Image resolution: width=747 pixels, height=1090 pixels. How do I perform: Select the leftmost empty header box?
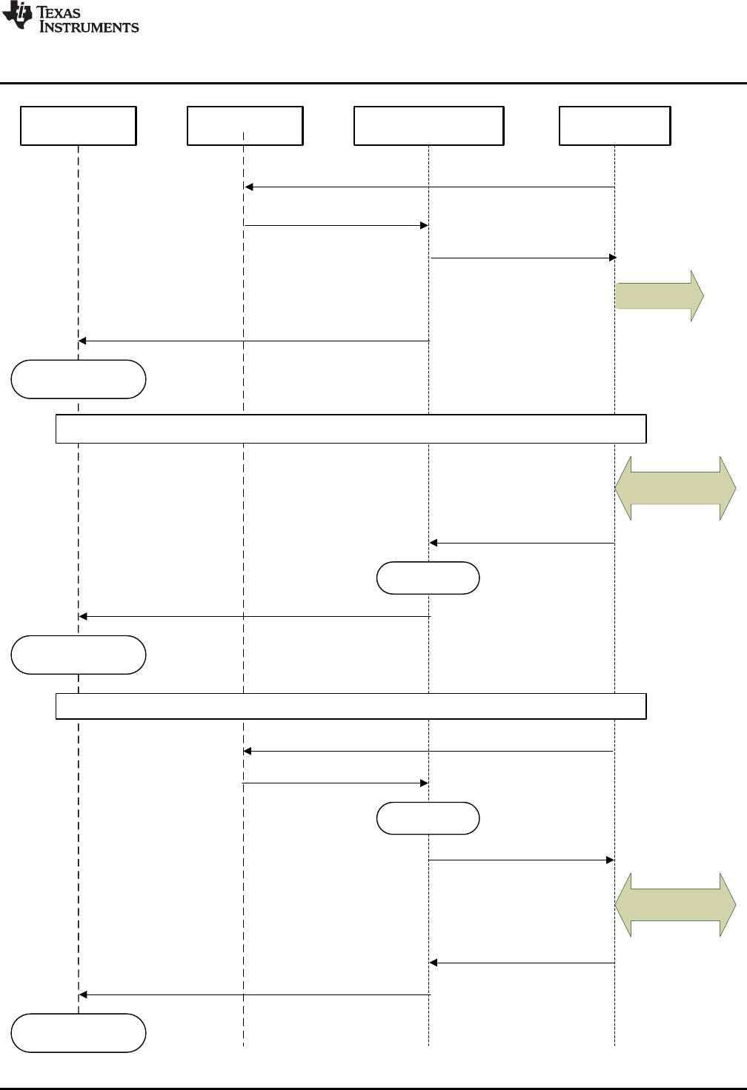[79, 125]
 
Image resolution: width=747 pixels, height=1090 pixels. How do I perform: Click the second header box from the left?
[245, 125]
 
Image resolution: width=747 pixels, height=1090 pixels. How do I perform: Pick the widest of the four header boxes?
[429, 125]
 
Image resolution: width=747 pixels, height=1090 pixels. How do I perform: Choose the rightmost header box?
[614, 125]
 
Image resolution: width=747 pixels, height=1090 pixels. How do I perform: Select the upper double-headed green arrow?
[675, 488]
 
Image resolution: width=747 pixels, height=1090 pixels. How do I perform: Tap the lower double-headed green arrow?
[675, 905]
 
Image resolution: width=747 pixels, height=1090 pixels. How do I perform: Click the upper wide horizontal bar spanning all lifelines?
[351, 429]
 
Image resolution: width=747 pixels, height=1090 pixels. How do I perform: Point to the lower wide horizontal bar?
[351, 706]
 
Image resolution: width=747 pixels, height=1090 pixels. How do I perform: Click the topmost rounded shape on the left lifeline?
[79, 379]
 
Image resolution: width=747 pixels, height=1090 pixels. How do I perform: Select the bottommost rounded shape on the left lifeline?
[79, 1033]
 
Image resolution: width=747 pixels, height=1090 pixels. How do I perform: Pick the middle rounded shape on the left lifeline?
[79, 655]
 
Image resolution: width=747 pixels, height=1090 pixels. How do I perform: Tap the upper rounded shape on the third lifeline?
[428, 578]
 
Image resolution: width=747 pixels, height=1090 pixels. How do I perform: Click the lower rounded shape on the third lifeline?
[428, 818]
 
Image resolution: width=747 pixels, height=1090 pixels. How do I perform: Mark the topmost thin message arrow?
[430, 187]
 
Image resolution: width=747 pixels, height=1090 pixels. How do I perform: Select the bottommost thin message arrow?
[254, 994]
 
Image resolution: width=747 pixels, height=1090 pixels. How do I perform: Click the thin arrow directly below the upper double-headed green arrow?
[522, 544]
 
